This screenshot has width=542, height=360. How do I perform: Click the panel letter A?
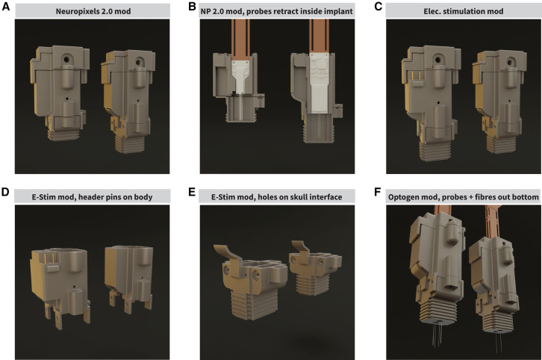coord(6,6)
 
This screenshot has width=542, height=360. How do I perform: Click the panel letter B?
coord(192,6)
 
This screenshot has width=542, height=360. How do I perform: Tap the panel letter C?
coord(379,6)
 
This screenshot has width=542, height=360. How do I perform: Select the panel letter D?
coord(5,192)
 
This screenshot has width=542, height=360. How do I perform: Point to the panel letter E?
coord(192,192)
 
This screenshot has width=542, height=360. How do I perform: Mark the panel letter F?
coord(378,192)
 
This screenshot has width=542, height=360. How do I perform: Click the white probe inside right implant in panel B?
coord(319,84)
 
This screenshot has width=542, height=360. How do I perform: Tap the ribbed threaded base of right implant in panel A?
coord(131,143)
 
